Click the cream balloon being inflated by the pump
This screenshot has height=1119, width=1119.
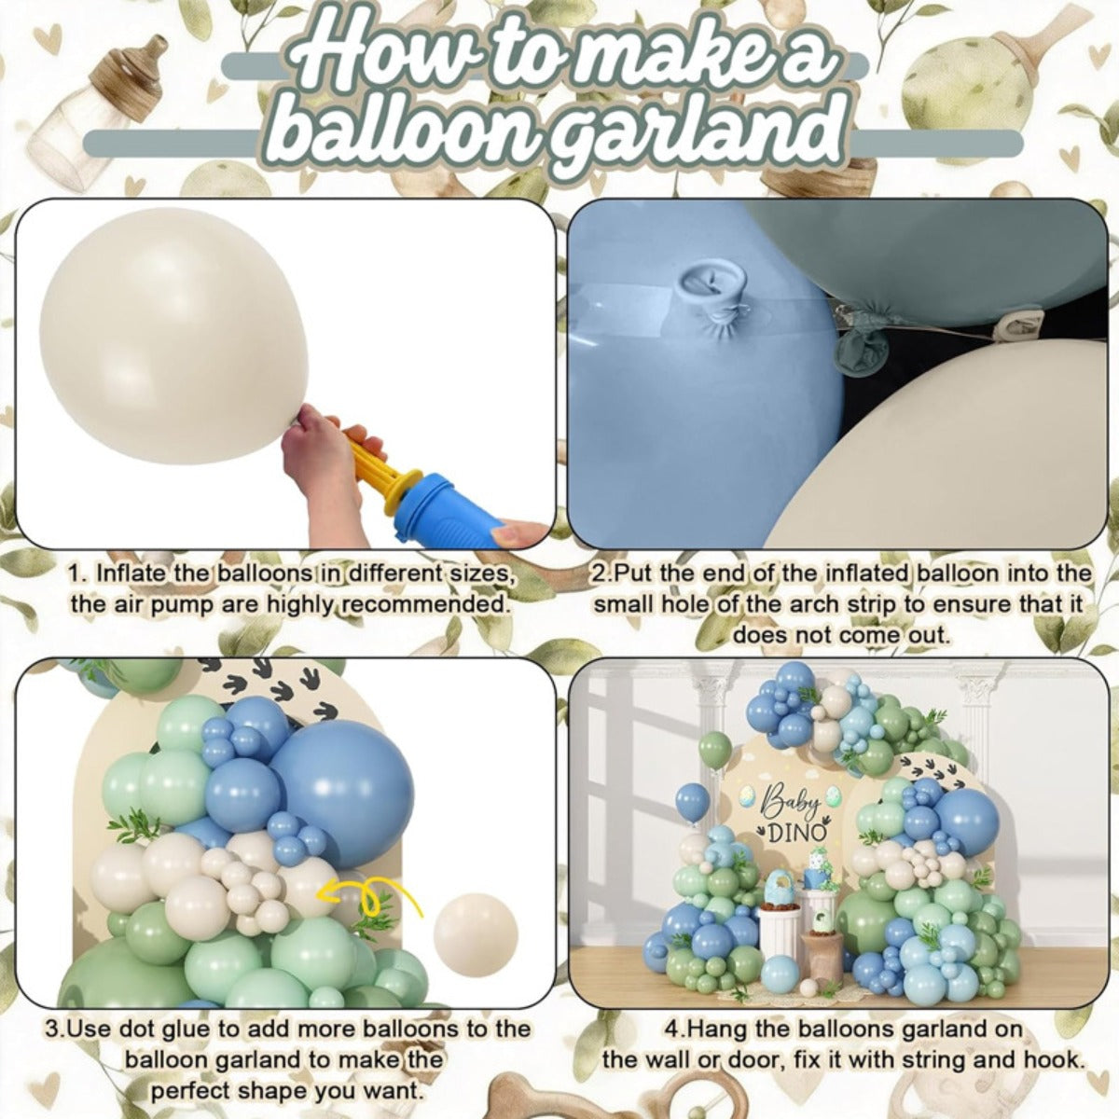[174, 337]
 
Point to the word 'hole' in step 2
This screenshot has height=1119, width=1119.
[684, 604]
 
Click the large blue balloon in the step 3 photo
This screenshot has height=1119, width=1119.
[342, 788]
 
